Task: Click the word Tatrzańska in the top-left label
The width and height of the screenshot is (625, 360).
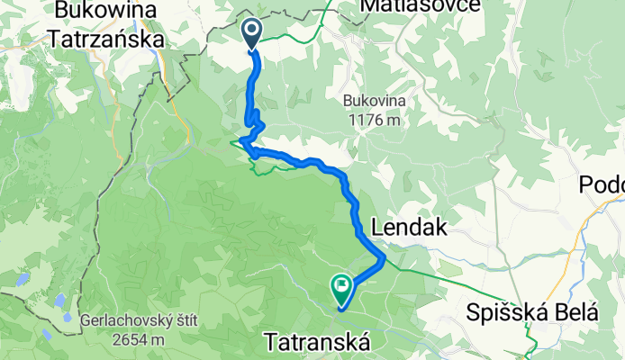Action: [x=106, y=40]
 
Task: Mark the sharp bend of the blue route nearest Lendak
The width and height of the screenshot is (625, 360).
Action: [x=385, y=259]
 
